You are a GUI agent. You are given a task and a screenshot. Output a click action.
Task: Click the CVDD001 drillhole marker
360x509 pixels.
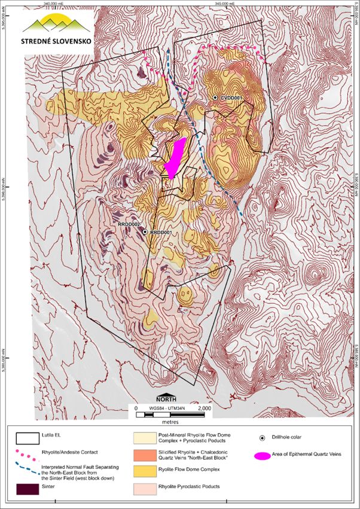coord(215,97)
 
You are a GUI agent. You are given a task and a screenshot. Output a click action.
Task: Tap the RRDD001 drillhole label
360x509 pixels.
coord(161,232)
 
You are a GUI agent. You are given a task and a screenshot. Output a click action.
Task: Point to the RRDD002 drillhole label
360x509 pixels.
coord(129,224)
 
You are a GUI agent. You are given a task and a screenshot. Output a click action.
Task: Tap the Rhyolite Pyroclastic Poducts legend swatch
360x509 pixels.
coord(149,488)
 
